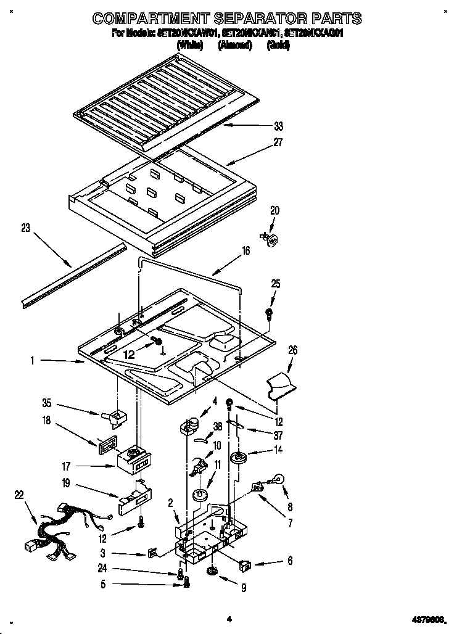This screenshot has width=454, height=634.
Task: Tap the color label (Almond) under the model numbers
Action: [x=235, y=45]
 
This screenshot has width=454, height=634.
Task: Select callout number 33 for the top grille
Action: [x=279, y=126]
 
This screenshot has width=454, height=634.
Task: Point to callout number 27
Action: [x=278, y=142]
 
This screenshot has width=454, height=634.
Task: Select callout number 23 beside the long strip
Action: [x=25, y=228]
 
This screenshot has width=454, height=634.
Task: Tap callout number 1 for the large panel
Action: [x=32, y=361]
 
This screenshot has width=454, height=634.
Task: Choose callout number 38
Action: [x=218, y=426]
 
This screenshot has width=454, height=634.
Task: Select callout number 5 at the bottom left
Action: [x=103, y=583]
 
